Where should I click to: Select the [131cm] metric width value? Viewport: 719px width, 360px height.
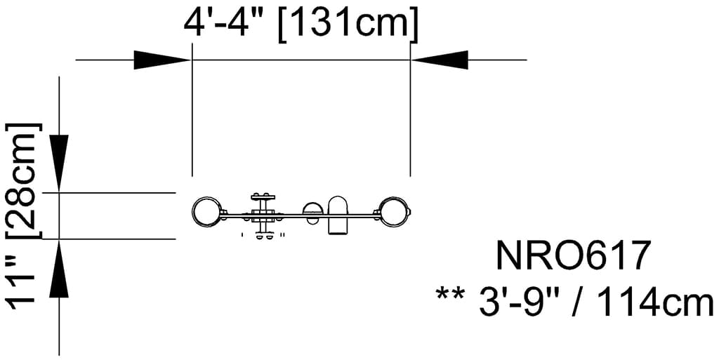coord(348,25)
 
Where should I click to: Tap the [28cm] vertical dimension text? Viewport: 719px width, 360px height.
coord(23,181)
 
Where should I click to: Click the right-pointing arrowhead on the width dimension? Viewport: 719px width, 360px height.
coord(162,60)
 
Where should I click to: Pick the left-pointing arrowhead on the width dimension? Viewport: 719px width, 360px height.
coord(440,60)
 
